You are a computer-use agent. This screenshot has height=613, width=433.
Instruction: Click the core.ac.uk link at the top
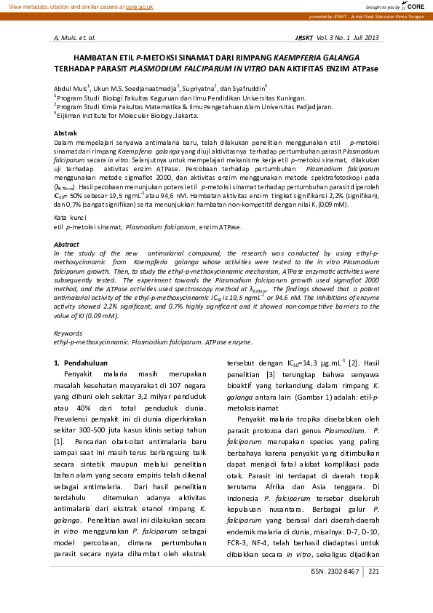(138, 7)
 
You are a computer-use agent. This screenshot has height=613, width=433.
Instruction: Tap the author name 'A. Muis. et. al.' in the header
(75, 36)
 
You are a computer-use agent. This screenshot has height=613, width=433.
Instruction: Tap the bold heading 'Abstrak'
(66, 133)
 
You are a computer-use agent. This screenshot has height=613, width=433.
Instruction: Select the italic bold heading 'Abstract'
(67, 245)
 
